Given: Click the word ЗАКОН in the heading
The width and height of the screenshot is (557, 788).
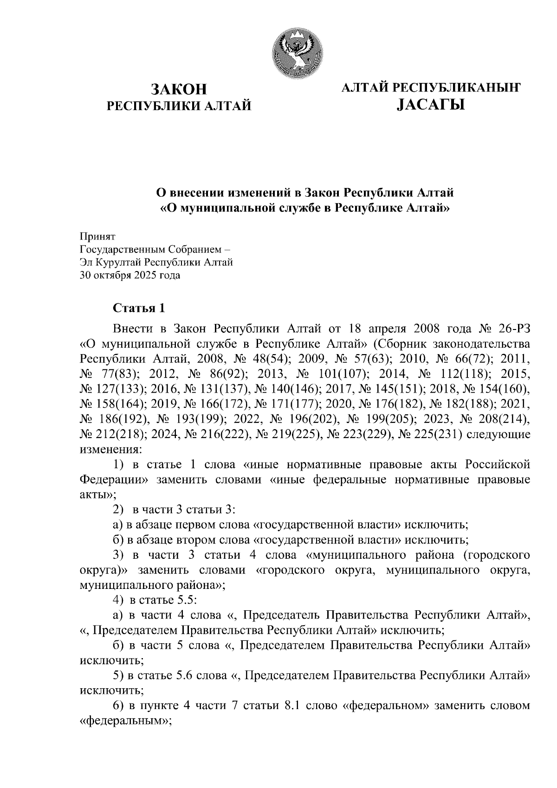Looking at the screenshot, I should tap(179, 88).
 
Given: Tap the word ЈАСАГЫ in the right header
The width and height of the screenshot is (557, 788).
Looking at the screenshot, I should tap(430, 106).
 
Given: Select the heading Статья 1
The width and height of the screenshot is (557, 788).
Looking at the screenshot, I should tap(139, 308).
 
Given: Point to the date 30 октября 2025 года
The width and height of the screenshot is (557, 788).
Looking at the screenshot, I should tap(130, 275).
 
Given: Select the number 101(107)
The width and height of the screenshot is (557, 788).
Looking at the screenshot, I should tap(344, 374).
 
